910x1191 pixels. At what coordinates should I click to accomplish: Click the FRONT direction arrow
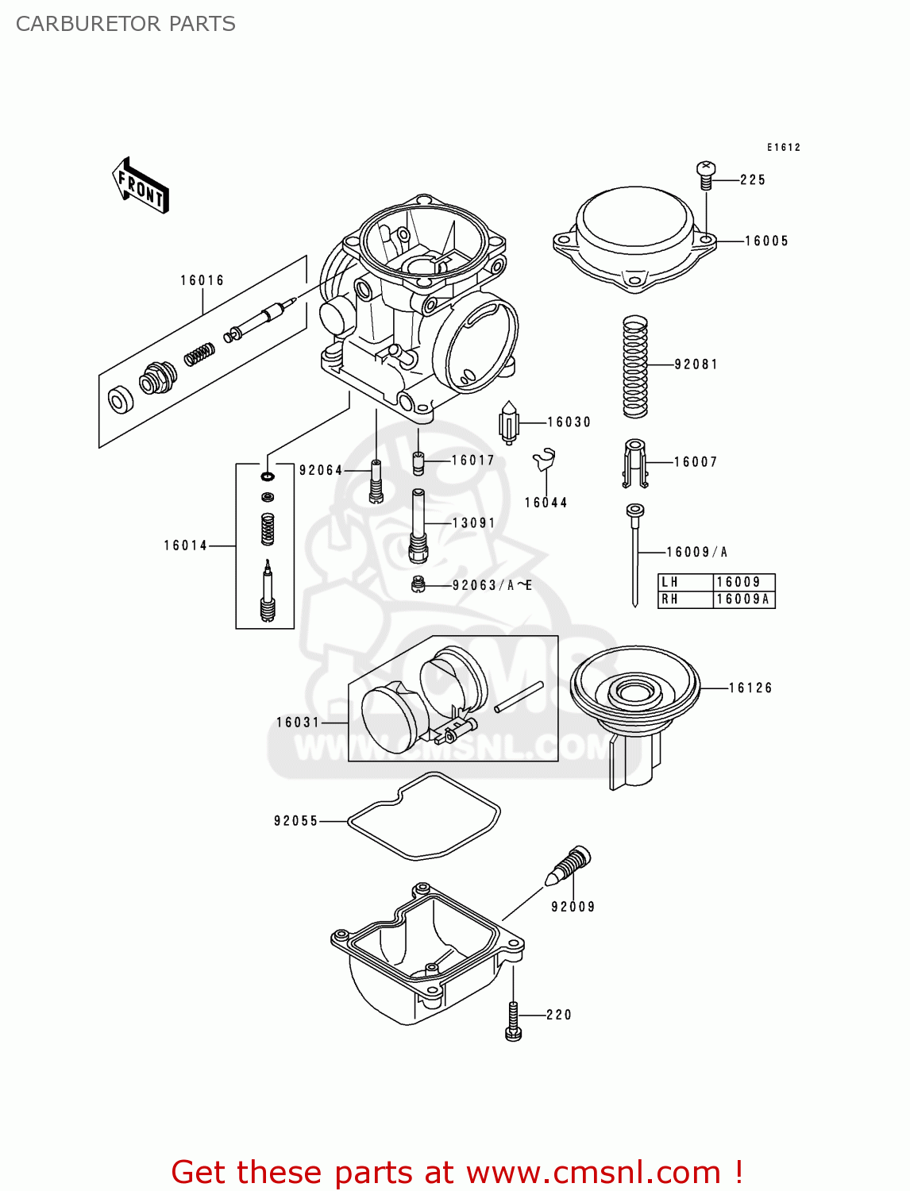click(x=141, y=187)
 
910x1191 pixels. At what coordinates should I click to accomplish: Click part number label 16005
click(x=766, y=241)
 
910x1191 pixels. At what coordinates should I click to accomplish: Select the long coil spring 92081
click(x=634, y=366)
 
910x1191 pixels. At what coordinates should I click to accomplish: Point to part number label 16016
click(x=202, y=280)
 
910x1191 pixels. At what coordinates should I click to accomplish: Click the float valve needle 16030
click(x=509, y=422)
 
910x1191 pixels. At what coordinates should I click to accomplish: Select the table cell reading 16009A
click(x=742, y=599)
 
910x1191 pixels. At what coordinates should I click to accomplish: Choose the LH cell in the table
click(x=671, y=582)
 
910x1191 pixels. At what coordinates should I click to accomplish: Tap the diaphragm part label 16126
click(x=750, y=688)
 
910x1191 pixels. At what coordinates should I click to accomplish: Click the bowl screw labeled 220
click(x=513, y=1020)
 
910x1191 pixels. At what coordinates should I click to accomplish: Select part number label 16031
click(x=298, y=722)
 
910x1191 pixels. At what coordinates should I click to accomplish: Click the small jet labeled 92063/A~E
click(x=418, y=585)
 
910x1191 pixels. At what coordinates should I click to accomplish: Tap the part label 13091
click(x=473, y=522)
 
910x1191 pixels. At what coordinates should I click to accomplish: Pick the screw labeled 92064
click(x=376, y=481)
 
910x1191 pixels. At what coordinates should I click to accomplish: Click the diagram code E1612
click(x=783, y=147)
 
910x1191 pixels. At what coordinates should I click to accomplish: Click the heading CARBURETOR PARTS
click(x=125, y=24)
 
